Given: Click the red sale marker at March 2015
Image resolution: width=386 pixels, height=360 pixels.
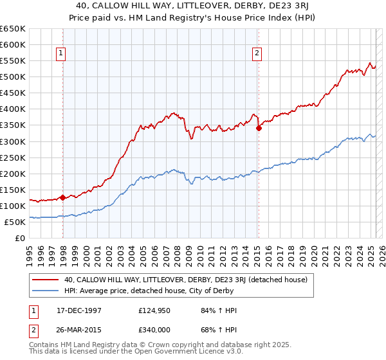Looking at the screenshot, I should point(259,128).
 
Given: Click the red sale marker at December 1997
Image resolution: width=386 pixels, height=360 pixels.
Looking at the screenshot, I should point(62,197).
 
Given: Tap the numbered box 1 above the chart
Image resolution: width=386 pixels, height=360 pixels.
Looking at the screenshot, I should point(61,54).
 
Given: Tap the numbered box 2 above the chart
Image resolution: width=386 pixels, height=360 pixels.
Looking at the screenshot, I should point(257,54).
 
